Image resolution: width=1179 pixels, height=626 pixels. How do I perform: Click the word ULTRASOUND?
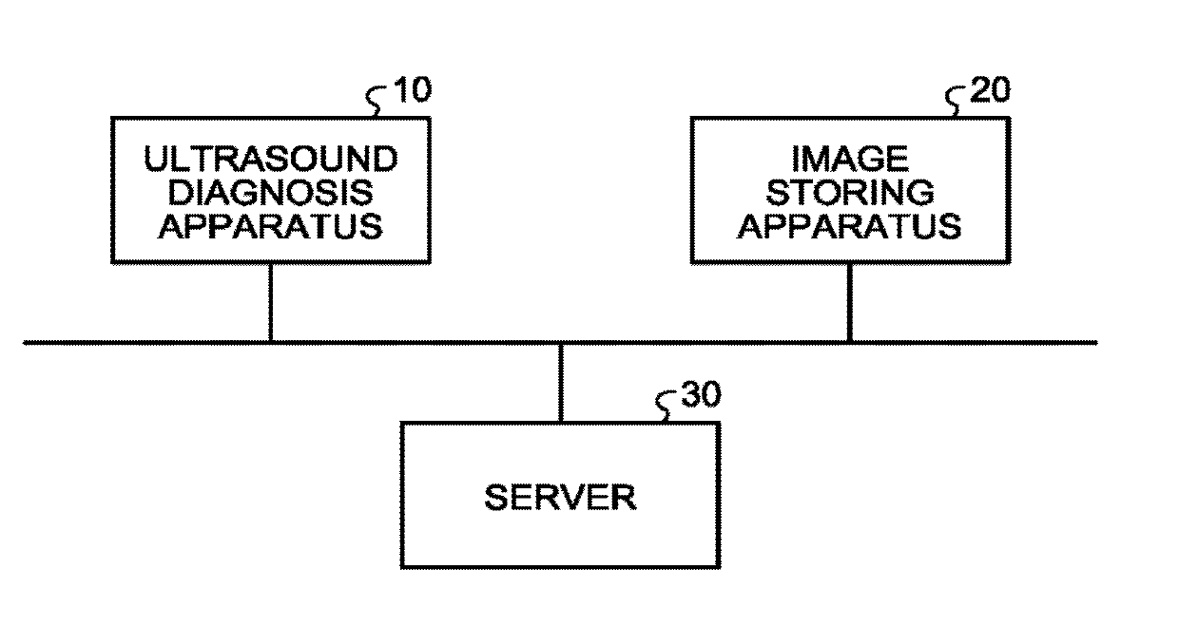coord(270,158)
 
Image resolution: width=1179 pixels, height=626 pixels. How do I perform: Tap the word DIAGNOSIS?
coord(270,193)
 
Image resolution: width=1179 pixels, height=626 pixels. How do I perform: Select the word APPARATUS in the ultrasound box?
coord(270,228)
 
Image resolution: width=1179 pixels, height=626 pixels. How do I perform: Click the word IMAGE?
coord(849,158)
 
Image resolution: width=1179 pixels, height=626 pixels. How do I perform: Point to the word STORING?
coord(849,193)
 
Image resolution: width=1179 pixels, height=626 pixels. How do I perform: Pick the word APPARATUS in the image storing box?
coord(849,228)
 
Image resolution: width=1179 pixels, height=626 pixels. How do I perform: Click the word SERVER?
coord(560,498)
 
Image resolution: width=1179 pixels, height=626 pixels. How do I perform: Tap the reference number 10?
coord(411,91)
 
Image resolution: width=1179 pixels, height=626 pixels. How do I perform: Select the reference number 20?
coord(990,91)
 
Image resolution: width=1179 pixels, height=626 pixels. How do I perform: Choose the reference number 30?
coord(701,396)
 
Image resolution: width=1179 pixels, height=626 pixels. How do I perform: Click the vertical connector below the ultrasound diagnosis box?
coord(270,302)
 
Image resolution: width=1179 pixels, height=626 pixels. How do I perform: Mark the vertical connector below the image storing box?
coord(849,302)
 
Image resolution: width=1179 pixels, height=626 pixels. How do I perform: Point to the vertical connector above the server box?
coord(560,383)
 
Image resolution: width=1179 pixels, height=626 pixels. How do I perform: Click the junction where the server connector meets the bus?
coord(560,343)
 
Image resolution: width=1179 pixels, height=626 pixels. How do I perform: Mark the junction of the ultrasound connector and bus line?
coord(270,342)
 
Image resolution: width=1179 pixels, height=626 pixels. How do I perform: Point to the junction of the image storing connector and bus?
coord(849,342)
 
